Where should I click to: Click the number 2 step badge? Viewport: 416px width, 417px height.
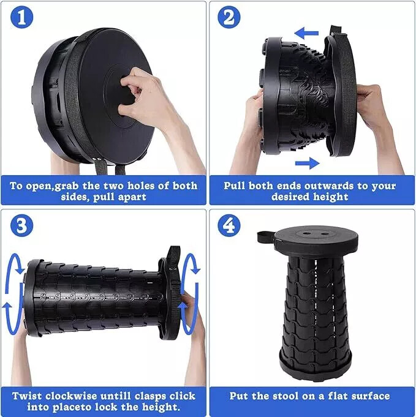(229, 18)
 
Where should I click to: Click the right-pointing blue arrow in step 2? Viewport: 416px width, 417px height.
(307, 163)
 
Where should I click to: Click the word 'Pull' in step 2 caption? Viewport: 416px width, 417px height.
(235, 186)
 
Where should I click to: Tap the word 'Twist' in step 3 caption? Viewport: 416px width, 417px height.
(27, 396)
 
